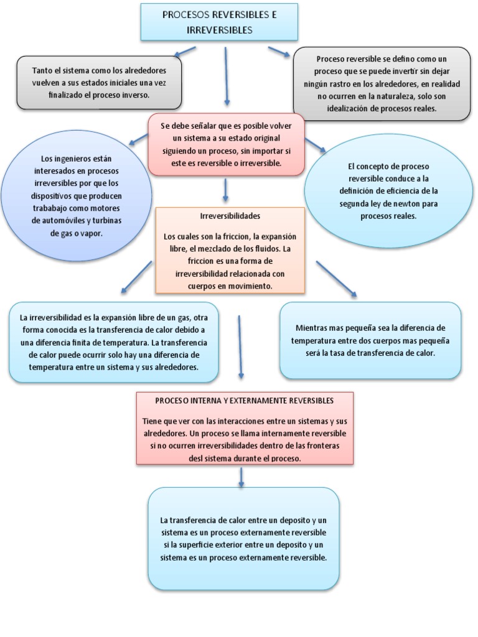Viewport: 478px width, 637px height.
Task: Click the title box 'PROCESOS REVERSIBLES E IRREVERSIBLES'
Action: (219, 22)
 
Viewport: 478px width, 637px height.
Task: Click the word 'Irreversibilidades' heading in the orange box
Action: (230, 216)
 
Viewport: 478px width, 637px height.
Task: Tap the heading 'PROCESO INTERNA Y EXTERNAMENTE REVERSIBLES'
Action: (245, 401)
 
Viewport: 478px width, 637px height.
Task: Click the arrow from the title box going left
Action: (184, 52)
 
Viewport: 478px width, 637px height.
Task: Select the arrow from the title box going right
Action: (279, 52)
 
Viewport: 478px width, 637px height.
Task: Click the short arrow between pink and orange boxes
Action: (226, 189)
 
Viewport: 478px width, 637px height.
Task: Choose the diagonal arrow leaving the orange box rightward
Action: (336, 278)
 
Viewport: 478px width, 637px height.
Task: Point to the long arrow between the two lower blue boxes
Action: (240, 346)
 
